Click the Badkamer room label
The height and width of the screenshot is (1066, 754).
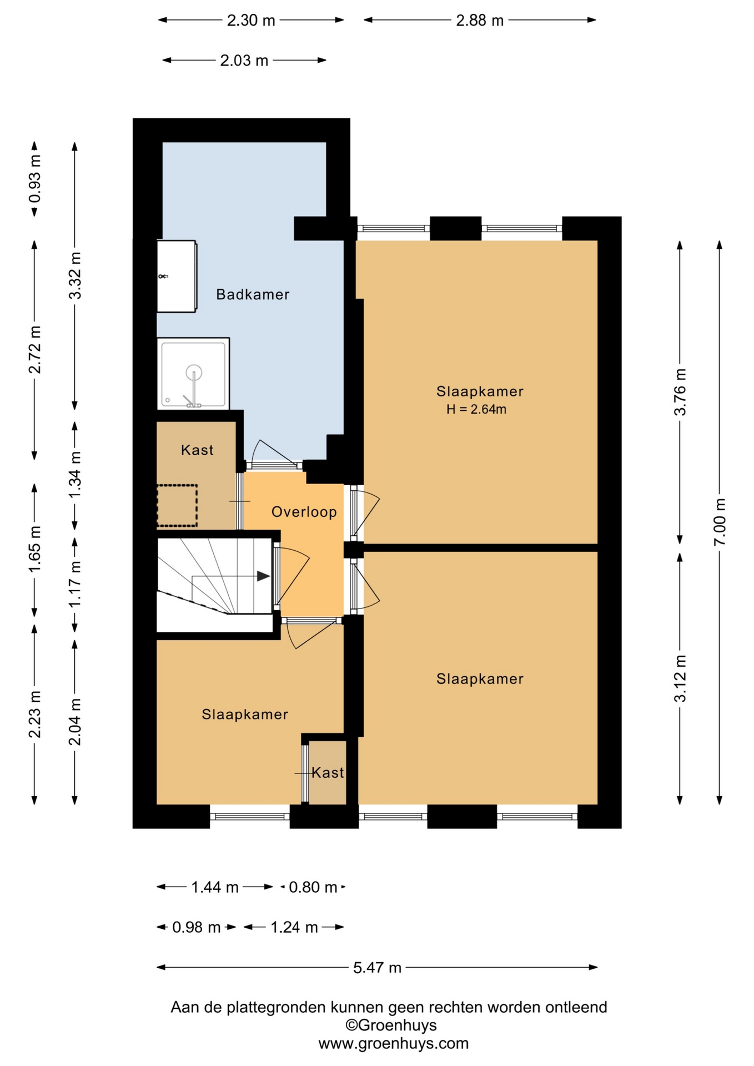click(x=253, y=294)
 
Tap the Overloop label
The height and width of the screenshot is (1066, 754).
click(x=304, y=512)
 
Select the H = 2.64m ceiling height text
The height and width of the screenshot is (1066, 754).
click(x=476, y=410)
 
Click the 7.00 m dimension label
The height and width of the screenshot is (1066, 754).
click(x=720, y=522)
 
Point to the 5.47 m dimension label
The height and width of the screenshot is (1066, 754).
click(x=377, y=968)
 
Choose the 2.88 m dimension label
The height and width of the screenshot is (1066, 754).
click(x=480, y=21)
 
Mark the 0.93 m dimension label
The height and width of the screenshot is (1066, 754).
click(x=34, y=179)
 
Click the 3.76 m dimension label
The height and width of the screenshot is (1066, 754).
click(x=680, y=392)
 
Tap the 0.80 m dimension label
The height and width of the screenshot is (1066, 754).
click(x=313, y=887)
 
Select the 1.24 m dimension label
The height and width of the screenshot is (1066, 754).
click(x=294, y=927)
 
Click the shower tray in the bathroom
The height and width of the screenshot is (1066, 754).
click(x=193, y=374)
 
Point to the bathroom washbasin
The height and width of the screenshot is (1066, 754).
click(x=177, y=276)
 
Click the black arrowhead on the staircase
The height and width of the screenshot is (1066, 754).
click(x=263, y=576)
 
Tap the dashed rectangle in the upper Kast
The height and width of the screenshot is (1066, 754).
click(x=177, y=506)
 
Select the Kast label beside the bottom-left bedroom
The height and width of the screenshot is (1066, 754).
click(x=328, y=772)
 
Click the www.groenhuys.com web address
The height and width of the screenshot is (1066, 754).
click(x=393, y=1043)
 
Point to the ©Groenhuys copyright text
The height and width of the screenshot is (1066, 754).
click(x=391, y=1025)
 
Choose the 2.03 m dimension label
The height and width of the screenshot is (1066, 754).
click(x=244, y=61)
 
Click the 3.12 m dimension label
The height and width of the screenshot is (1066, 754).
click(x=680, y=678)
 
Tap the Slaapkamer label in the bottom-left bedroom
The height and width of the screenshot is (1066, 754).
click(x=245, y=715)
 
